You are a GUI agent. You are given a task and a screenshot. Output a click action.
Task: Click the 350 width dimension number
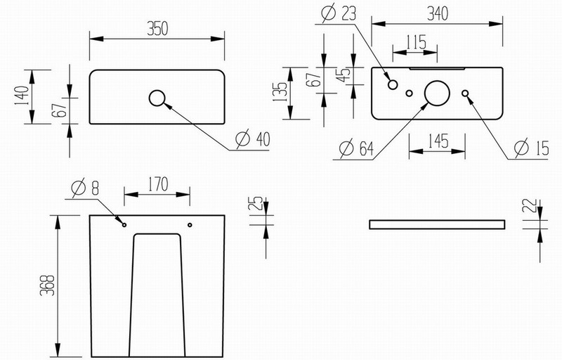coord(157,29)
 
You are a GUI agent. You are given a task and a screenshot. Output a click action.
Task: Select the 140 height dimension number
coord(22,96)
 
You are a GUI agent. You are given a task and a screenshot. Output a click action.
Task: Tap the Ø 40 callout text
coord(253,139)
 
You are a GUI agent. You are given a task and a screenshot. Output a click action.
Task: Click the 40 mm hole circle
coord(157,91)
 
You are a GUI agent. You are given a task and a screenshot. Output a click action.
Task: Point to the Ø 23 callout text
coord(339,13)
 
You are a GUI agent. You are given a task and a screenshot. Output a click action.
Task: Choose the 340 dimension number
coord(438,13)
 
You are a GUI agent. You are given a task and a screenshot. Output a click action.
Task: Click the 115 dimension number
coord(416,42)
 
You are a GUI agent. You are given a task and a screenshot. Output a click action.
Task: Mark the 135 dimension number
coord(280,92)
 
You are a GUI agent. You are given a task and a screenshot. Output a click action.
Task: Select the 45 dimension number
coord(344,75)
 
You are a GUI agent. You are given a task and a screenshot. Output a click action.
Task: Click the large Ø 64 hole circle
coord(437,81)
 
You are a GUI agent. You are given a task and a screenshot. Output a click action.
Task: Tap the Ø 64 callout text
coord(356,148)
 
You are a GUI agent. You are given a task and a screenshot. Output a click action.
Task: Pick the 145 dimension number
coord(438,141)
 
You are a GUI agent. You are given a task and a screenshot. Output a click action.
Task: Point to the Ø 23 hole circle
coord(393,81)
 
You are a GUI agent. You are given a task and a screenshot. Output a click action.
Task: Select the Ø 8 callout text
coord(85,188)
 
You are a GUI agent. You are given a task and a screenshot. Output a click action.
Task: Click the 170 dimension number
coord(157,184)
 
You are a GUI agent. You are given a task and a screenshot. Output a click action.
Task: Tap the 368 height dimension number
coord(47,285)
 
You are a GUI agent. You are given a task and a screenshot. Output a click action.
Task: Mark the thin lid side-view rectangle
coord(437,221)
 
